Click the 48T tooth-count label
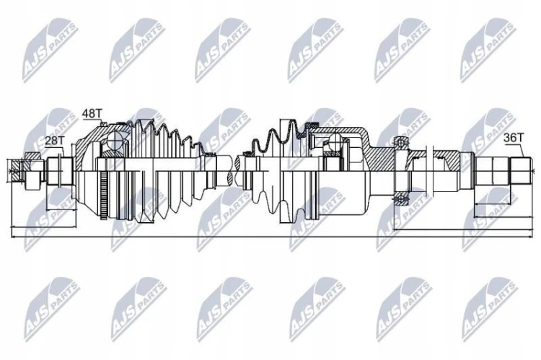92,113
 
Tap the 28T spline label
55,141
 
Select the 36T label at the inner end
514,138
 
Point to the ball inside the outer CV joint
113,141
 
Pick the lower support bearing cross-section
401,199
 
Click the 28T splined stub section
59,171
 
